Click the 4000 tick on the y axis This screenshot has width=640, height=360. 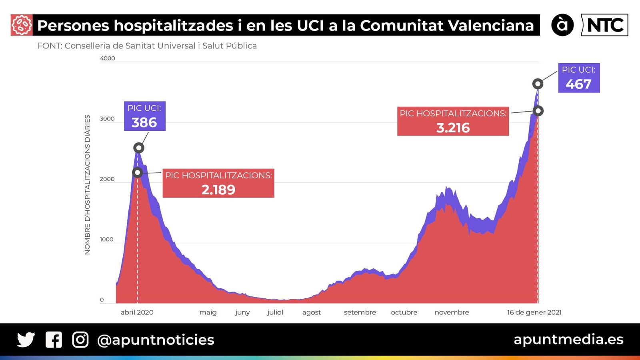coord(107,58)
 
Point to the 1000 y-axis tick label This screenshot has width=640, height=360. coord(106,240)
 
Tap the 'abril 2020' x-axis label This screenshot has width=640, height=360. coord(137,312)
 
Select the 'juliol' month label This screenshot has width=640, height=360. coord(275,312)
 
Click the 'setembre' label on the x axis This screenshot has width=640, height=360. coord(360,312)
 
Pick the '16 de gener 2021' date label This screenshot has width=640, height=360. coord(534,312)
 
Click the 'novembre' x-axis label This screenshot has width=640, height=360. coord(452,312)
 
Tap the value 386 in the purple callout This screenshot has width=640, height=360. coord(144,122)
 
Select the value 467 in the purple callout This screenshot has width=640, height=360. coord(578,84)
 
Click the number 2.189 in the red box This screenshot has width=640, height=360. coord(218,190)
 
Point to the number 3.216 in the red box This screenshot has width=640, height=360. coord(453,128)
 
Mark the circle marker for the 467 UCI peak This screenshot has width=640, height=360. coord(538,84)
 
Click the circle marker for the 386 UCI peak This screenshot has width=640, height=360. coord(138,148)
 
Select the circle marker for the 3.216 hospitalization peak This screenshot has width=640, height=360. coord(538,111)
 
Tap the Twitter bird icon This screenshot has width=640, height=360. coord(26,340)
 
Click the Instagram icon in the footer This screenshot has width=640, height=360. coord(80,340)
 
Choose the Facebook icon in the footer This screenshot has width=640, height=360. coord(54,340)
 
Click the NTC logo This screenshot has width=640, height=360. coord(604,25)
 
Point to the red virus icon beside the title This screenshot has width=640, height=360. coord(22,25)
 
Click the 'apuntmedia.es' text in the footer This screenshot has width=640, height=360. coord(568,339)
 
